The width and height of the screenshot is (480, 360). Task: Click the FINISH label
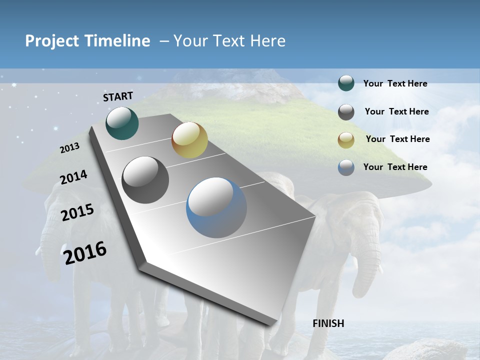[x=328, y=323]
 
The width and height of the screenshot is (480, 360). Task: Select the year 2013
[x=69, y=147]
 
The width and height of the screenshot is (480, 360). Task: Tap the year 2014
[x=73, y=177]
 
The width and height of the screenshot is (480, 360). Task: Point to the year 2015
[x=77, y=212]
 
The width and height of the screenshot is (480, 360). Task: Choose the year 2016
[x=85, y=252]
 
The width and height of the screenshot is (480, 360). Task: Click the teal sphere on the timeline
[x=122, y=123]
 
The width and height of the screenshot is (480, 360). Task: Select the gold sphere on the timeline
[x=189, y=140]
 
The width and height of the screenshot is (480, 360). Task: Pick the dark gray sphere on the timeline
[x=145, y=180]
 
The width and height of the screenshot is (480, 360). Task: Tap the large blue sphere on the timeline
[x=216, y=207]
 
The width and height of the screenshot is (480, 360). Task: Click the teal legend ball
[x=346, y=83]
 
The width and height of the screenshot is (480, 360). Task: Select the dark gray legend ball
[x=346, y=111]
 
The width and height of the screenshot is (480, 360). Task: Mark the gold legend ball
[x=346, y=139]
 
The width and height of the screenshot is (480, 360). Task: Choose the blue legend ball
[x=346, y=167]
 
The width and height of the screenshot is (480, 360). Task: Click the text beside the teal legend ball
[x=395, y=84]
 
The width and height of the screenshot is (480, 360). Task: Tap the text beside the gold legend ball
[x=397, y=139]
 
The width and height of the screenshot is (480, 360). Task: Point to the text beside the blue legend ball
[x=395, y=167]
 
